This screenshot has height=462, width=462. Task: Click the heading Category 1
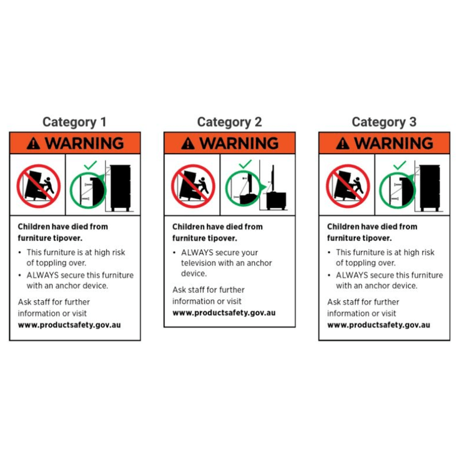(x=74, y=122)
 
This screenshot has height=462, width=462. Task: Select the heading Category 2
(x=229, y=122)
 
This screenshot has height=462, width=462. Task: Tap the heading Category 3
(x=384, y=122)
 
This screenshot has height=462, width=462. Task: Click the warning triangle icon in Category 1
(x=33, y=144)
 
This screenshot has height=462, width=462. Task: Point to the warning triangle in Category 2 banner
(x=188, y=144)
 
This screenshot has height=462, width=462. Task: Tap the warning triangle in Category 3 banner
(x=343, y=144)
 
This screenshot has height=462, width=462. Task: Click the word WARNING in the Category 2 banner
(x=239, y=143)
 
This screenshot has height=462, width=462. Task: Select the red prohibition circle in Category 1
(x=39, y=186)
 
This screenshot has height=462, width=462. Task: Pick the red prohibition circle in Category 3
(x=348, y=186)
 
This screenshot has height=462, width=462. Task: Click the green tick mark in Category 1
(x=91, y=165)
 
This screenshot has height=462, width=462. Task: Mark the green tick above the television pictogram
(x=245, y=164)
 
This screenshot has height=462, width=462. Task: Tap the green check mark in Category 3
(x=400, y=165)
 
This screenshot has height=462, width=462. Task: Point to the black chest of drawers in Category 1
(x=120, y=188)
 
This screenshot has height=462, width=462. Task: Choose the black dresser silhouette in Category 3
(x=430, y=188)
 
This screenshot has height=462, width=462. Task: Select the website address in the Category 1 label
(x=69, y=325)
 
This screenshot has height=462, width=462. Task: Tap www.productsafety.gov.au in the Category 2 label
(x=224, y=313)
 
